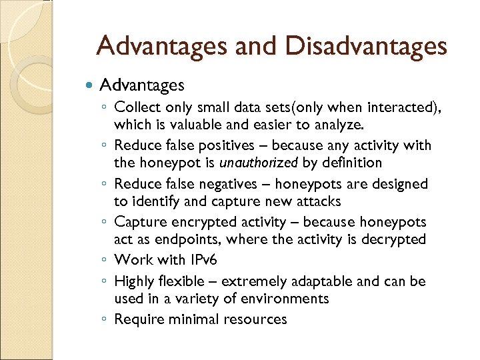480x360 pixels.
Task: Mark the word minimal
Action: point(194,319)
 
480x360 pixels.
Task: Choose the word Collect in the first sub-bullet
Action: point(137,107)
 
